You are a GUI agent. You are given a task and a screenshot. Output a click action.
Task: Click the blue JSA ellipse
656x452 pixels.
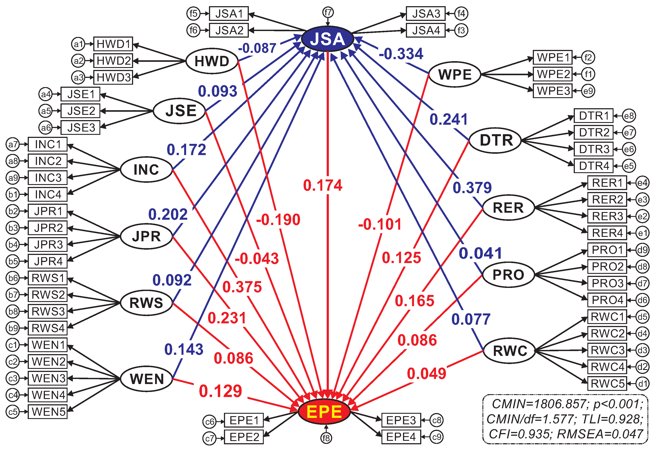(x=327, y=39)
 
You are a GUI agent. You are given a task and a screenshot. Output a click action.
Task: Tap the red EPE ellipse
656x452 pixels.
(x=324, y=412)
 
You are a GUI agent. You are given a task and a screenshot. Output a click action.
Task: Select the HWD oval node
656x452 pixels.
(x=212, y=61)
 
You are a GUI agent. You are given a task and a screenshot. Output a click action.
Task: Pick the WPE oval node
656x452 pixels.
(x=455, y=75)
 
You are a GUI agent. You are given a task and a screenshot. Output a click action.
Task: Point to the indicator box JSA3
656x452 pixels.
(x=425, y=14)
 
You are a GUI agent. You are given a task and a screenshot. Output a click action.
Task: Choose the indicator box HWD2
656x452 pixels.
(x=113, y=61)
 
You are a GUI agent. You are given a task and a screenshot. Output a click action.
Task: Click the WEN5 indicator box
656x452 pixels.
(x=48, y=412)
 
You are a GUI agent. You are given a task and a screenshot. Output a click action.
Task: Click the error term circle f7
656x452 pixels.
(x=328, y=12)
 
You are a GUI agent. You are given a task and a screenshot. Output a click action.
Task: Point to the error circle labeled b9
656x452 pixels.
(x=13, y=328)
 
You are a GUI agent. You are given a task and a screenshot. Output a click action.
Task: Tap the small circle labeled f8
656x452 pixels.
(x=326, y=438)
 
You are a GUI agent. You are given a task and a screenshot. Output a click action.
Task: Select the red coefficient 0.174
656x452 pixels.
(x=323, y=185)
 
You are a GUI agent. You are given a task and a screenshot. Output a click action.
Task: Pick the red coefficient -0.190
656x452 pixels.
(x=278, y=220)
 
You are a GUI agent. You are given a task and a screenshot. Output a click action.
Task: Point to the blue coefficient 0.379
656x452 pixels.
(x=472, y=187)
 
